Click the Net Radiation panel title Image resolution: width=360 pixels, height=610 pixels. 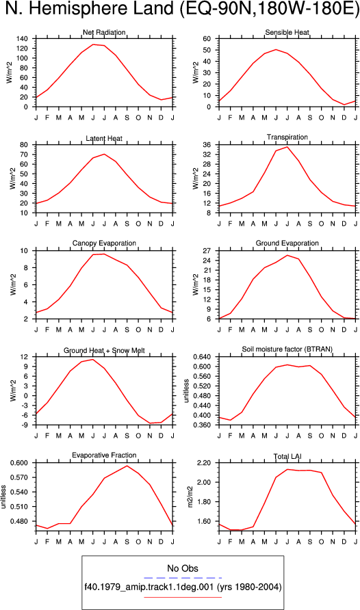click(104, 32)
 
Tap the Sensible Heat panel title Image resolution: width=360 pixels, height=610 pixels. click(287, 32)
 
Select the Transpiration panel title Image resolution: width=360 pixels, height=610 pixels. click(287, 137)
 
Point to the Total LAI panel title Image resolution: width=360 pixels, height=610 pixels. click(287, 456)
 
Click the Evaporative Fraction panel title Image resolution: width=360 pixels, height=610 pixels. click(104, 455)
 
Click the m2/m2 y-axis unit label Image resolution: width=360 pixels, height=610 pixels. click(190, 496)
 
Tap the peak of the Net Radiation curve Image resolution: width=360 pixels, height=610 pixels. click(93, 44)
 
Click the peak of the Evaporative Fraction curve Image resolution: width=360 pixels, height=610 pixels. click(127, 466)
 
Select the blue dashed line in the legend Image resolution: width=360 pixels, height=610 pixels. click(183, 578)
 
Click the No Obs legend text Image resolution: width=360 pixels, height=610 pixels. click(183, 568)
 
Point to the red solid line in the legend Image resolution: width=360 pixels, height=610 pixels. click(183, 597)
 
